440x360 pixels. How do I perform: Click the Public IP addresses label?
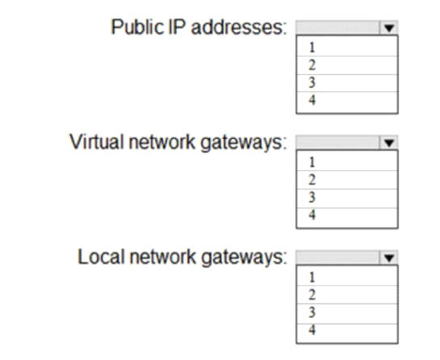click(x=199, y=27)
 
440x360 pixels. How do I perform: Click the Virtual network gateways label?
click(x=178, y=142)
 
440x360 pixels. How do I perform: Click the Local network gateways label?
click(x=182, y=257)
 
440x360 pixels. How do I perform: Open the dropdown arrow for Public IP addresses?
click(x=388, y=27)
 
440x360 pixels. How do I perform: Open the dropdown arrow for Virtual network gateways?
click(x=388, y=143)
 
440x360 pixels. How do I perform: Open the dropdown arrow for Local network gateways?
click(x=388, y=257)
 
